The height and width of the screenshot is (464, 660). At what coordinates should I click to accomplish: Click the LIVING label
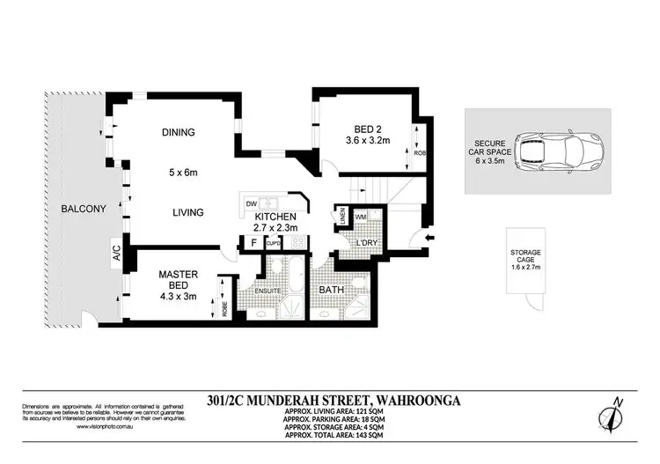point(188,212)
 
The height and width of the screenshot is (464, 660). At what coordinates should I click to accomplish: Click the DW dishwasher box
point(251,203)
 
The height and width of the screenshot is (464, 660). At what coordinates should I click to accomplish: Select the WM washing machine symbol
point(361,216)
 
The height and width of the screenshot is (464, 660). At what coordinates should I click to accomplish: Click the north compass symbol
point(613,414)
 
